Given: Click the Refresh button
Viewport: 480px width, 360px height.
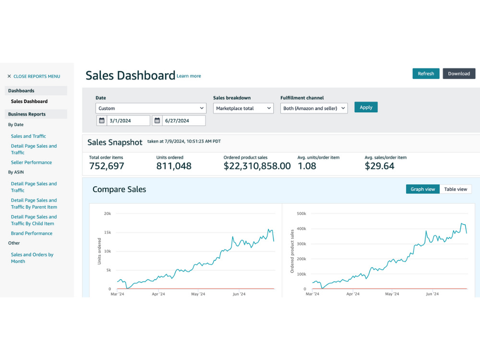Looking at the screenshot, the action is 426,73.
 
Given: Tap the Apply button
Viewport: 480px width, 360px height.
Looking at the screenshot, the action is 366,107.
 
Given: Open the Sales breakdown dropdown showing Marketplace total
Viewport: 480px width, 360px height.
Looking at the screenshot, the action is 243,108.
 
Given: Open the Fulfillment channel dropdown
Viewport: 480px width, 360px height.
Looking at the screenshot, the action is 314,108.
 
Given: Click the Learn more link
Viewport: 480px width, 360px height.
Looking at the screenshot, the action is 189,76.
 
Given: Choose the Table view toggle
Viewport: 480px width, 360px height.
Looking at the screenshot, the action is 456,189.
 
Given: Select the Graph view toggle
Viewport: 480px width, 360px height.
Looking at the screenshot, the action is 423,189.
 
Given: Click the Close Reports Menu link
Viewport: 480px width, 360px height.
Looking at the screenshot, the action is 34,76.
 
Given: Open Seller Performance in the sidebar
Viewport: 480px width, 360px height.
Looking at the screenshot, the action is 31,162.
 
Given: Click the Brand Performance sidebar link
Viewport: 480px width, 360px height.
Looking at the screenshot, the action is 32,233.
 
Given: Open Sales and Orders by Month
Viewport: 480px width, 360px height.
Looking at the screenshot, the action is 32,258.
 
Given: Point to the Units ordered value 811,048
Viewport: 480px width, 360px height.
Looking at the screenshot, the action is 174,166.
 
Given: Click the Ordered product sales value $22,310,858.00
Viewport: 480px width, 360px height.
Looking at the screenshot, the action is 257,166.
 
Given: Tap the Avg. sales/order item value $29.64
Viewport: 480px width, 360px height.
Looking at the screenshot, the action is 380,166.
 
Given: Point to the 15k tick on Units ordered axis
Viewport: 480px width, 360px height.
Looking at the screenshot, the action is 108,232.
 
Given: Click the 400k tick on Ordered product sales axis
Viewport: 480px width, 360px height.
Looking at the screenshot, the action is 301,228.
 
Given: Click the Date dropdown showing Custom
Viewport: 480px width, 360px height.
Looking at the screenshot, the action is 151,108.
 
